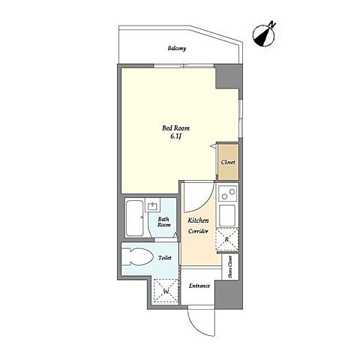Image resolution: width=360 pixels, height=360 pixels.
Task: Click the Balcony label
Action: pyautogui.click(x=177, y=48)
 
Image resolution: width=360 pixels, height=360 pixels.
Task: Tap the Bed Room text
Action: pyautogui.click(x=176, y=128)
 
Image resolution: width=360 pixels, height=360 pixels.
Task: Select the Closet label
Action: pyautogui.click(x=228, y=162)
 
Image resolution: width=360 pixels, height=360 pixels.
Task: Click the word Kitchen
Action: pyautogui.click(x=198, y=220)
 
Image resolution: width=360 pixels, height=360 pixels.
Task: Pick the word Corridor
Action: pyautogui.click(x=198, y=231)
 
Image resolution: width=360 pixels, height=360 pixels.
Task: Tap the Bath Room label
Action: pyautogui.click(x=164, y=222)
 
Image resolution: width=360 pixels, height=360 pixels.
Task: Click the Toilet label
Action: pyautogui.click(x=165, y=257)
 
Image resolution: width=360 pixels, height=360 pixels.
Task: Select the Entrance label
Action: pyautogui.click(x=199, y=286)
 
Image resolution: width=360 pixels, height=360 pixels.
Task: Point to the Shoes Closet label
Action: pyautogui.click(x=230, y=267)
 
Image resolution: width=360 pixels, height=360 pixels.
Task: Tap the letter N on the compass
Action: pyautogui.click(x=272, y=25)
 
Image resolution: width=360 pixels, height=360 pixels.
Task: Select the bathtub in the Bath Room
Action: pyautogui.click(x=135, y=217)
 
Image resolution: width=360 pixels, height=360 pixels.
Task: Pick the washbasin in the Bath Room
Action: pyautogui.click(x=152, y=206)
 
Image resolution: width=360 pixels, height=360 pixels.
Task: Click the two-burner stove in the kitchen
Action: pyautogui.click(x=227, y=193)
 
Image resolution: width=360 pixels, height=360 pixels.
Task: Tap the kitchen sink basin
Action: pyautogui.click(x=227, y=215)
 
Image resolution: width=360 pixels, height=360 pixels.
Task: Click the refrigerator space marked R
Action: pyautogui.click(x=227, y=239)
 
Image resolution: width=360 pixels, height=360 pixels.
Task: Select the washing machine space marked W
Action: pyautogui.click(x=166, y=291)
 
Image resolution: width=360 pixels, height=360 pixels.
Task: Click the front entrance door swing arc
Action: pyautogui.click(x=196, y=325)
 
